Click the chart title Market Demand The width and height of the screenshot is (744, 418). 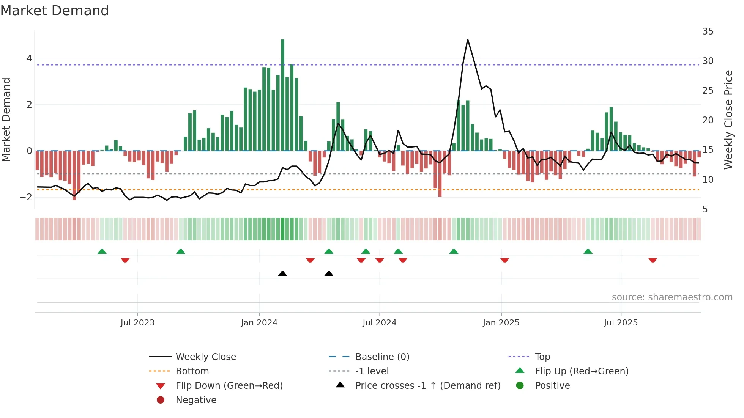(x=55, y=11)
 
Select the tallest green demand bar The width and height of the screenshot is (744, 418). (x=282, y=95)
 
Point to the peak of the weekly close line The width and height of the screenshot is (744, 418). (x=468, y=39)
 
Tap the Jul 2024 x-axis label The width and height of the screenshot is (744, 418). (x=379, y=323)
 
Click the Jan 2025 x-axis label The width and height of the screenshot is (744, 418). (x=501, y=323)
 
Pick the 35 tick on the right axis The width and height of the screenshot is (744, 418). (x=708, y=31)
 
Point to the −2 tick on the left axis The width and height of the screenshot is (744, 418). (x=26, y=197)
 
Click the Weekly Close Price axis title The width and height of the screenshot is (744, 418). (x=728, y=119)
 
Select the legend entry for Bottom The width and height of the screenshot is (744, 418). (x=192, y=371)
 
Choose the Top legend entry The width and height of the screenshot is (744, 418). (x=542, y=357)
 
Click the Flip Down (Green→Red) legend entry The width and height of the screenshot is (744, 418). (x=229, y=386)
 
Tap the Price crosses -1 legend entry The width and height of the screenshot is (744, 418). (x=427, y=386)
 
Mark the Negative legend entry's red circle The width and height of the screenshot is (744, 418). (x=161, y=400)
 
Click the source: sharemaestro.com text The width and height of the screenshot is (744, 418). (x=672, y=297)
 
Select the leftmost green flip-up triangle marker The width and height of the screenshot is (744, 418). (x=102, y=251)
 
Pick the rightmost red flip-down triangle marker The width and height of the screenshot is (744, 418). (x=653, y=260)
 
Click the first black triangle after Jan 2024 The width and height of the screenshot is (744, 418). (x=282, y=273)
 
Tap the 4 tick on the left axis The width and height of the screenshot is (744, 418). (x=29, y=58)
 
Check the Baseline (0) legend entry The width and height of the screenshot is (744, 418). (x=382, y=357)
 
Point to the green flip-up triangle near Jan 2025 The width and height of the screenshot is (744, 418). (x=454, y=251)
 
